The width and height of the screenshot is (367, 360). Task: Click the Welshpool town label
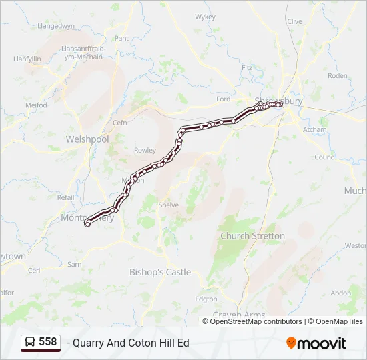click(x=87, y=139)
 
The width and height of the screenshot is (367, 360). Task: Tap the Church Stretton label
click(x=252, y=236)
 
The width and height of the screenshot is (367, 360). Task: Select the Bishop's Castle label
click(x=159, y=272)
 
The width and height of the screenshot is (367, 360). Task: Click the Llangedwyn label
click(x=56, y=26)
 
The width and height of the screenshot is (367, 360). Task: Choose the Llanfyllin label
click(x=27, y=59)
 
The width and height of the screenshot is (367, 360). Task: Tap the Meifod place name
click(x=36, y=105)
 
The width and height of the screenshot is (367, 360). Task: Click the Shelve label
click(x=168, y=205)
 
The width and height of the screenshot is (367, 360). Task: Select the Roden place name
click(x=338, y=76)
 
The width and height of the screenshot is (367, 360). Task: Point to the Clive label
click(x=294, y=21)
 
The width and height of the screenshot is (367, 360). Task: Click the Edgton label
click(x=206, y=299)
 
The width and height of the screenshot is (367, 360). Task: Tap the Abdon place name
click(x=340, y=293)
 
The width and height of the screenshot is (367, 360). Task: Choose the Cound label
click(x=324, y=157)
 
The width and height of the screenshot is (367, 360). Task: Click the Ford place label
click(x=223, y=99)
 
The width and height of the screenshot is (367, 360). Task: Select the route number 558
click(x=48, y=342)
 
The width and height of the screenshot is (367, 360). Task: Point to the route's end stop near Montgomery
click(x=87, y=225)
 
